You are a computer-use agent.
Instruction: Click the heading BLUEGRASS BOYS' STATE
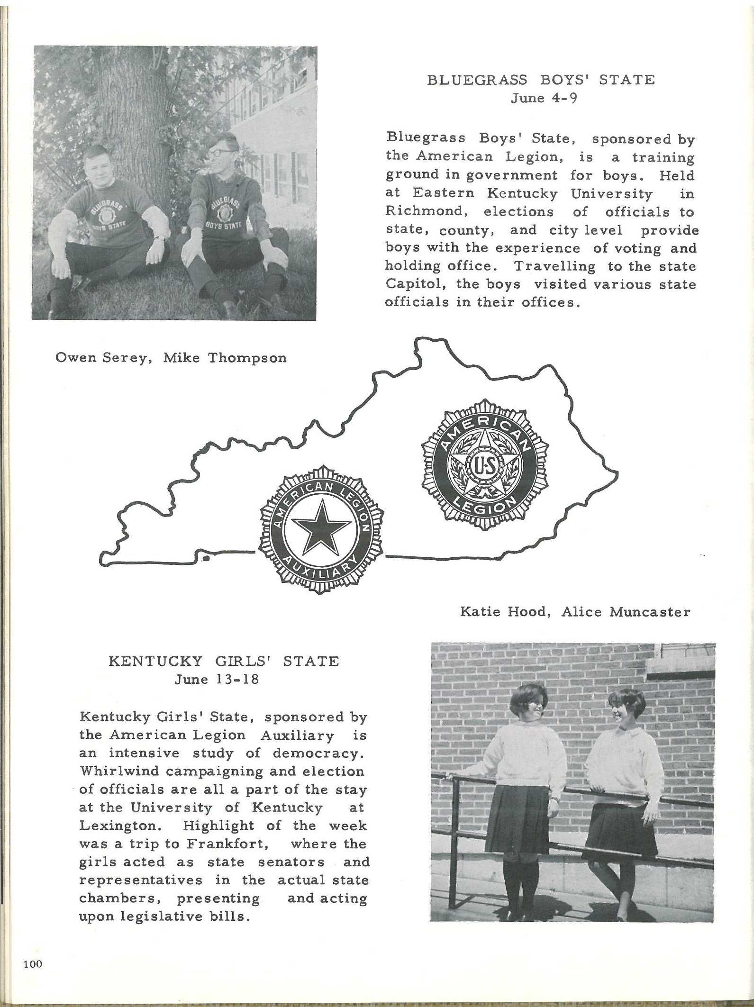(541, 80)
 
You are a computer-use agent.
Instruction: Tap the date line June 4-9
(544, 98)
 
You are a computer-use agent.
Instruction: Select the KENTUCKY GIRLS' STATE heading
(224, 661)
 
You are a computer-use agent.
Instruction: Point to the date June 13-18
(217, 679)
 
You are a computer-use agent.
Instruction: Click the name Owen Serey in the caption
(103, 357)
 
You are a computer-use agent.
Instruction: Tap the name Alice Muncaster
(626, 612)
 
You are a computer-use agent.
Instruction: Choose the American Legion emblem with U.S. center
(484, 463)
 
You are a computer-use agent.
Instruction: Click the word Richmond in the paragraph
(416, 211)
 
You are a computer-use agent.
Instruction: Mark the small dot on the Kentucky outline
(206, 559)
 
